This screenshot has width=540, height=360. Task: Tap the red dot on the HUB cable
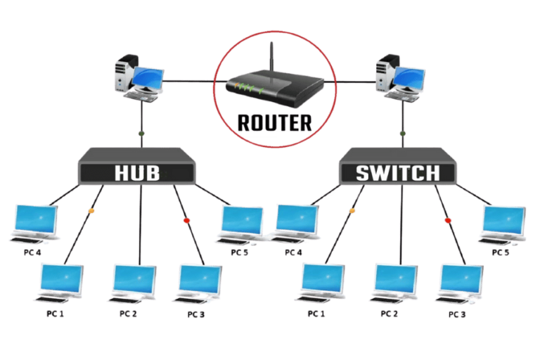click(x=186, y=221)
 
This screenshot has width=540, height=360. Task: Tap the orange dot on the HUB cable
click(x=91, y=210)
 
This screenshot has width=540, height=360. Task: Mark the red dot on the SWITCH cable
click(x=447, y=221)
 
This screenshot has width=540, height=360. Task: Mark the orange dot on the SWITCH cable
click(x=352, y=210)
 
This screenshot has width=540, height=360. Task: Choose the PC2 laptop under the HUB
click(x=134, y=283)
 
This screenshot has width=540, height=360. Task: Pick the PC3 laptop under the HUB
click(x=200, y=283)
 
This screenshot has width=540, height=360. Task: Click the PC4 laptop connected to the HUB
click(x=33, y=224)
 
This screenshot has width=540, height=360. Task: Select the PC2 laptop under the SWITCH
click(x=395, y=283)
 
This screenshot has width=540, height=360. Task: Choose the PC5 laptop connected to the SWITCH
click(x=502, y=224)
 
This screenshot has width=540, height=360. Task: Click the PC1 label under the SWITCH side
click(x=316, y=314)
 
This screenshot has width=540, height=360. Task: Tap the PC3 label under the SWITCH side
click(x=458, y=314)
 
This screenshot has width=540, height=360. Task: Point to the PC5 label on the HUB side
click(x=239, y=252)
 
